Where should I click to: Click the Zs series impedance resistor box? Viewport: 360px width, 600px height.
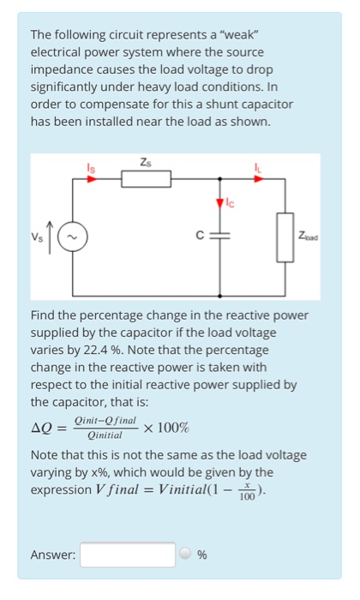click(x=145, y=179)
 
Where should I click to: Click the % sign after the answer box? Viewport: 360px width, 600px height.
click(x=202, y=555)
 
